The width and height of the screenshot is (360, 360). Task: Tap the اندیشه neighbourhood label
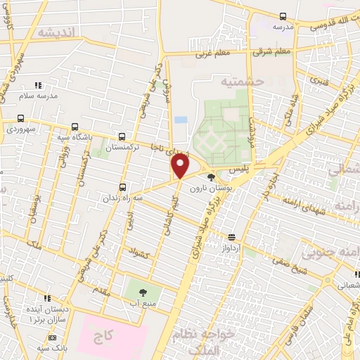pos(56,32)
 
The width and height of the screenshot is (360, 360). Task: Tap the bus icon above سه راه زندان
pos(123,187)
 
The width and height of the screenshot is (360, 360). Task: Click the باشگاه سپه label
pos(75,137)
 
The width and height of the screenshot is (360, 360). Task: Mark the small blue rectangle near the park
pos(181,120)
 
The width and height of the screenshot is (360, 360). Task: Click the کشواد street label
pos(139,251)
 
